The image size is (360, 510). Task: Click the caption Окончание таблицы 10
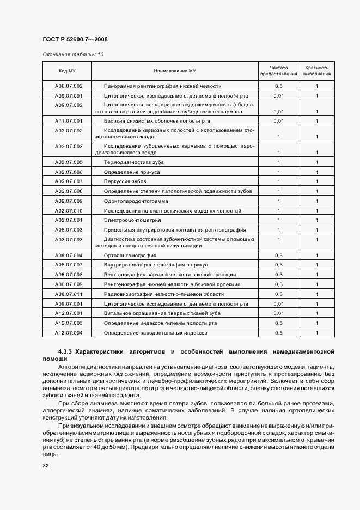[72, 54]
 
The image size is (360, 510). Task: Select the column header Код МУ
[67, 71]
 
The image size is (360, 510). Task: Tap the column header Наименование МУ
[175, 71]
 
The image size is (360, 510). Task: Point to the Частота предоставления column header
[278, 71]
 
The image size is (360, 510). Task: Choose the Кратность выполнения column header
[316, 71]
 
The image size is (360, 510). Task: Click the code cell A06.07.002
[69, 86]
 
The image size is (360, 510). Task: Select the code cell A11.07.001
[69, 120]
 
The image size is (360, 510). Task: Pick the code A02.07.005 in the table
[69, 162]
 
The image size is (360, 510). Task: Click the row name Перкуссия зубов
[125, 181]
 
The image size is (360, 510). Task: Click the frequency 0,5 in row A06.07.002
[279, 86]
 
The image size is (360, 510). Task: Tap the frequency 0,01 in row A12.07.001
[279, 313]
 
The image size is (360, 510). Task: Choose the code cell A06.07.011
[69, 294]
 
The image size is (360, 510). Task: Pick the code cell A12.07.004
[69, 332]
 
